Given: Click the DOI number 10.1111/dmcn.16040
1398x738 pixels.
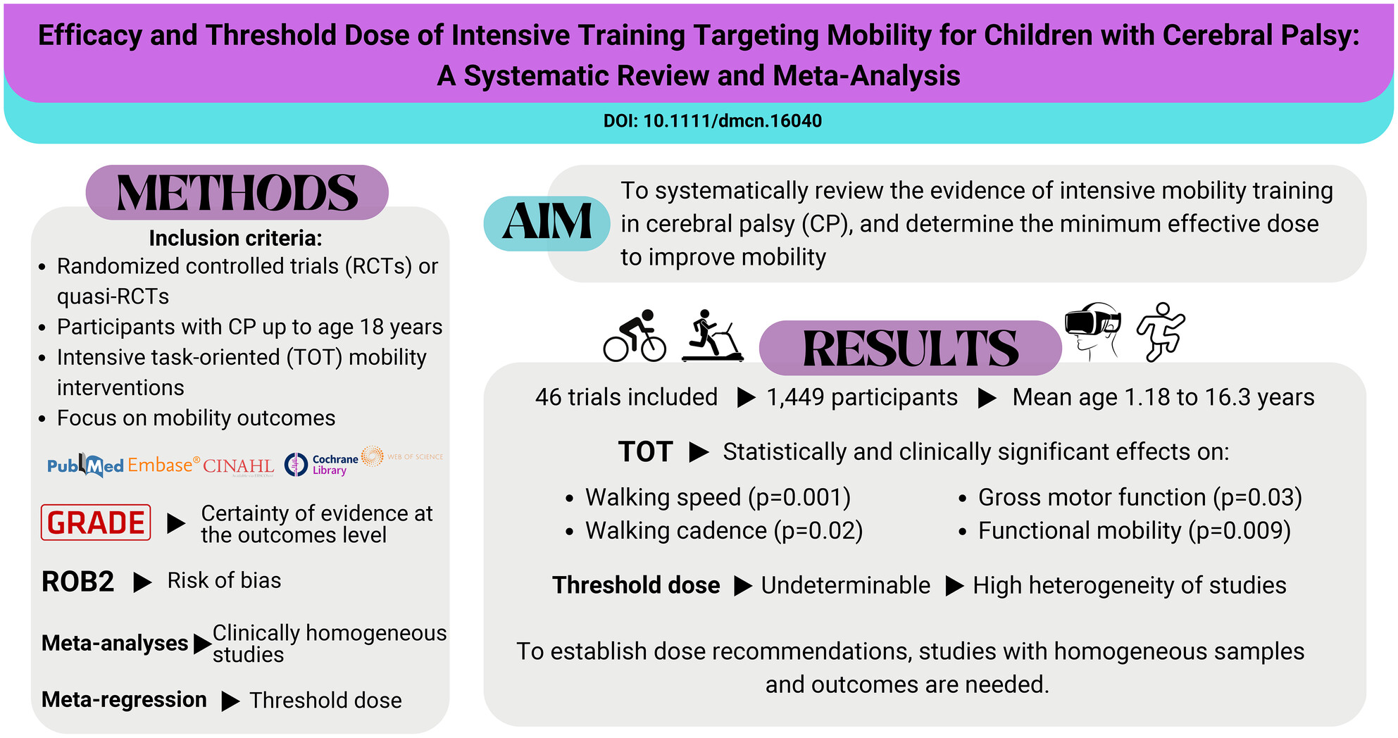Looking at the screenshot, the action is pyautogui.click(x=732, y=121).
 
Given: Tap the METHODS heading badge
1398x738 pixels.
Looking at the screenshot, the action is pyautogui.click(x=237, y=192).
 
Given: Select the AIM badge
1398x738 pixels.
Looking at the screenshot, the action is pyautogui.click(x=547, y=223).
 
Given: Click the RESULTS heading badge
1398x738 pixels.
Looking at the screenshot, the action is pyautogui.click(x=910, y=348).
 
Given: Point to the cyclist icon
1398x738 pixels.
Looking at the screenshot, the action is pyautogui.click(x=635, y=336).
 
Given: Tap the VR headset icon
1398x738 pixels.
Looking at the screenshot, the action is pyautogui.click(x=1092, y=331).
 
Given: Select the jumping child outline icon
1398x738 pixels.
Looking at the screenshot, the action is pyautogui.click(x=1161, y=332).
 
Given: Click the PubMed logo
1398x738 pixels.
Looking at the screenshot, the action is pyautogui.click(x=85, y=465).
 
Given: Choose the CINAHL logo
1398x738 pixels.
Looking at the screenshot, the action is pyautogui.click(x=239, y=466).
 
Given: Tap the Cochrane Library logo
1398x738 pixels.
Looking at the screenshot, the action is pyautogui.click(x=322, y=465).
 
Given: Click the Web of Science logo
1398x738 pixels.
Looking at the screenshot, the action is pyautogui.click(x=402, y=456).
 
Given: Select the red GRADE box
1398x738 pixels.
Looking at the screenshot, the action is pyautogui.click(x=96, y=523).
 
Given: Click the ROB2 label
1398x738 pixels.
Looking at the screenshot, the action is pyautogui.click(x=77, y=582).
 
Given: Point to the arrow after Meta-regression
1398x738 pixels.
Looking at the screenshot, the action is pyautogui.click(x=230, y=701).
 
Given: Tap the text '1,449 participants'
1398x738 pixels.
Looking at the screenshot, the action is pyautogui.click(x=862, y=397).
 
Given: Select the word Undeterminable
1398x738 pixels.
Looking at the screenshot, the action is pyautogui.click(x=846, y=585).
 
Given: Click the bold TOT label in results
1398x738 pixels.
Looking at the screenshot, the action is pyautogui.click(x=645, y=451).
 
